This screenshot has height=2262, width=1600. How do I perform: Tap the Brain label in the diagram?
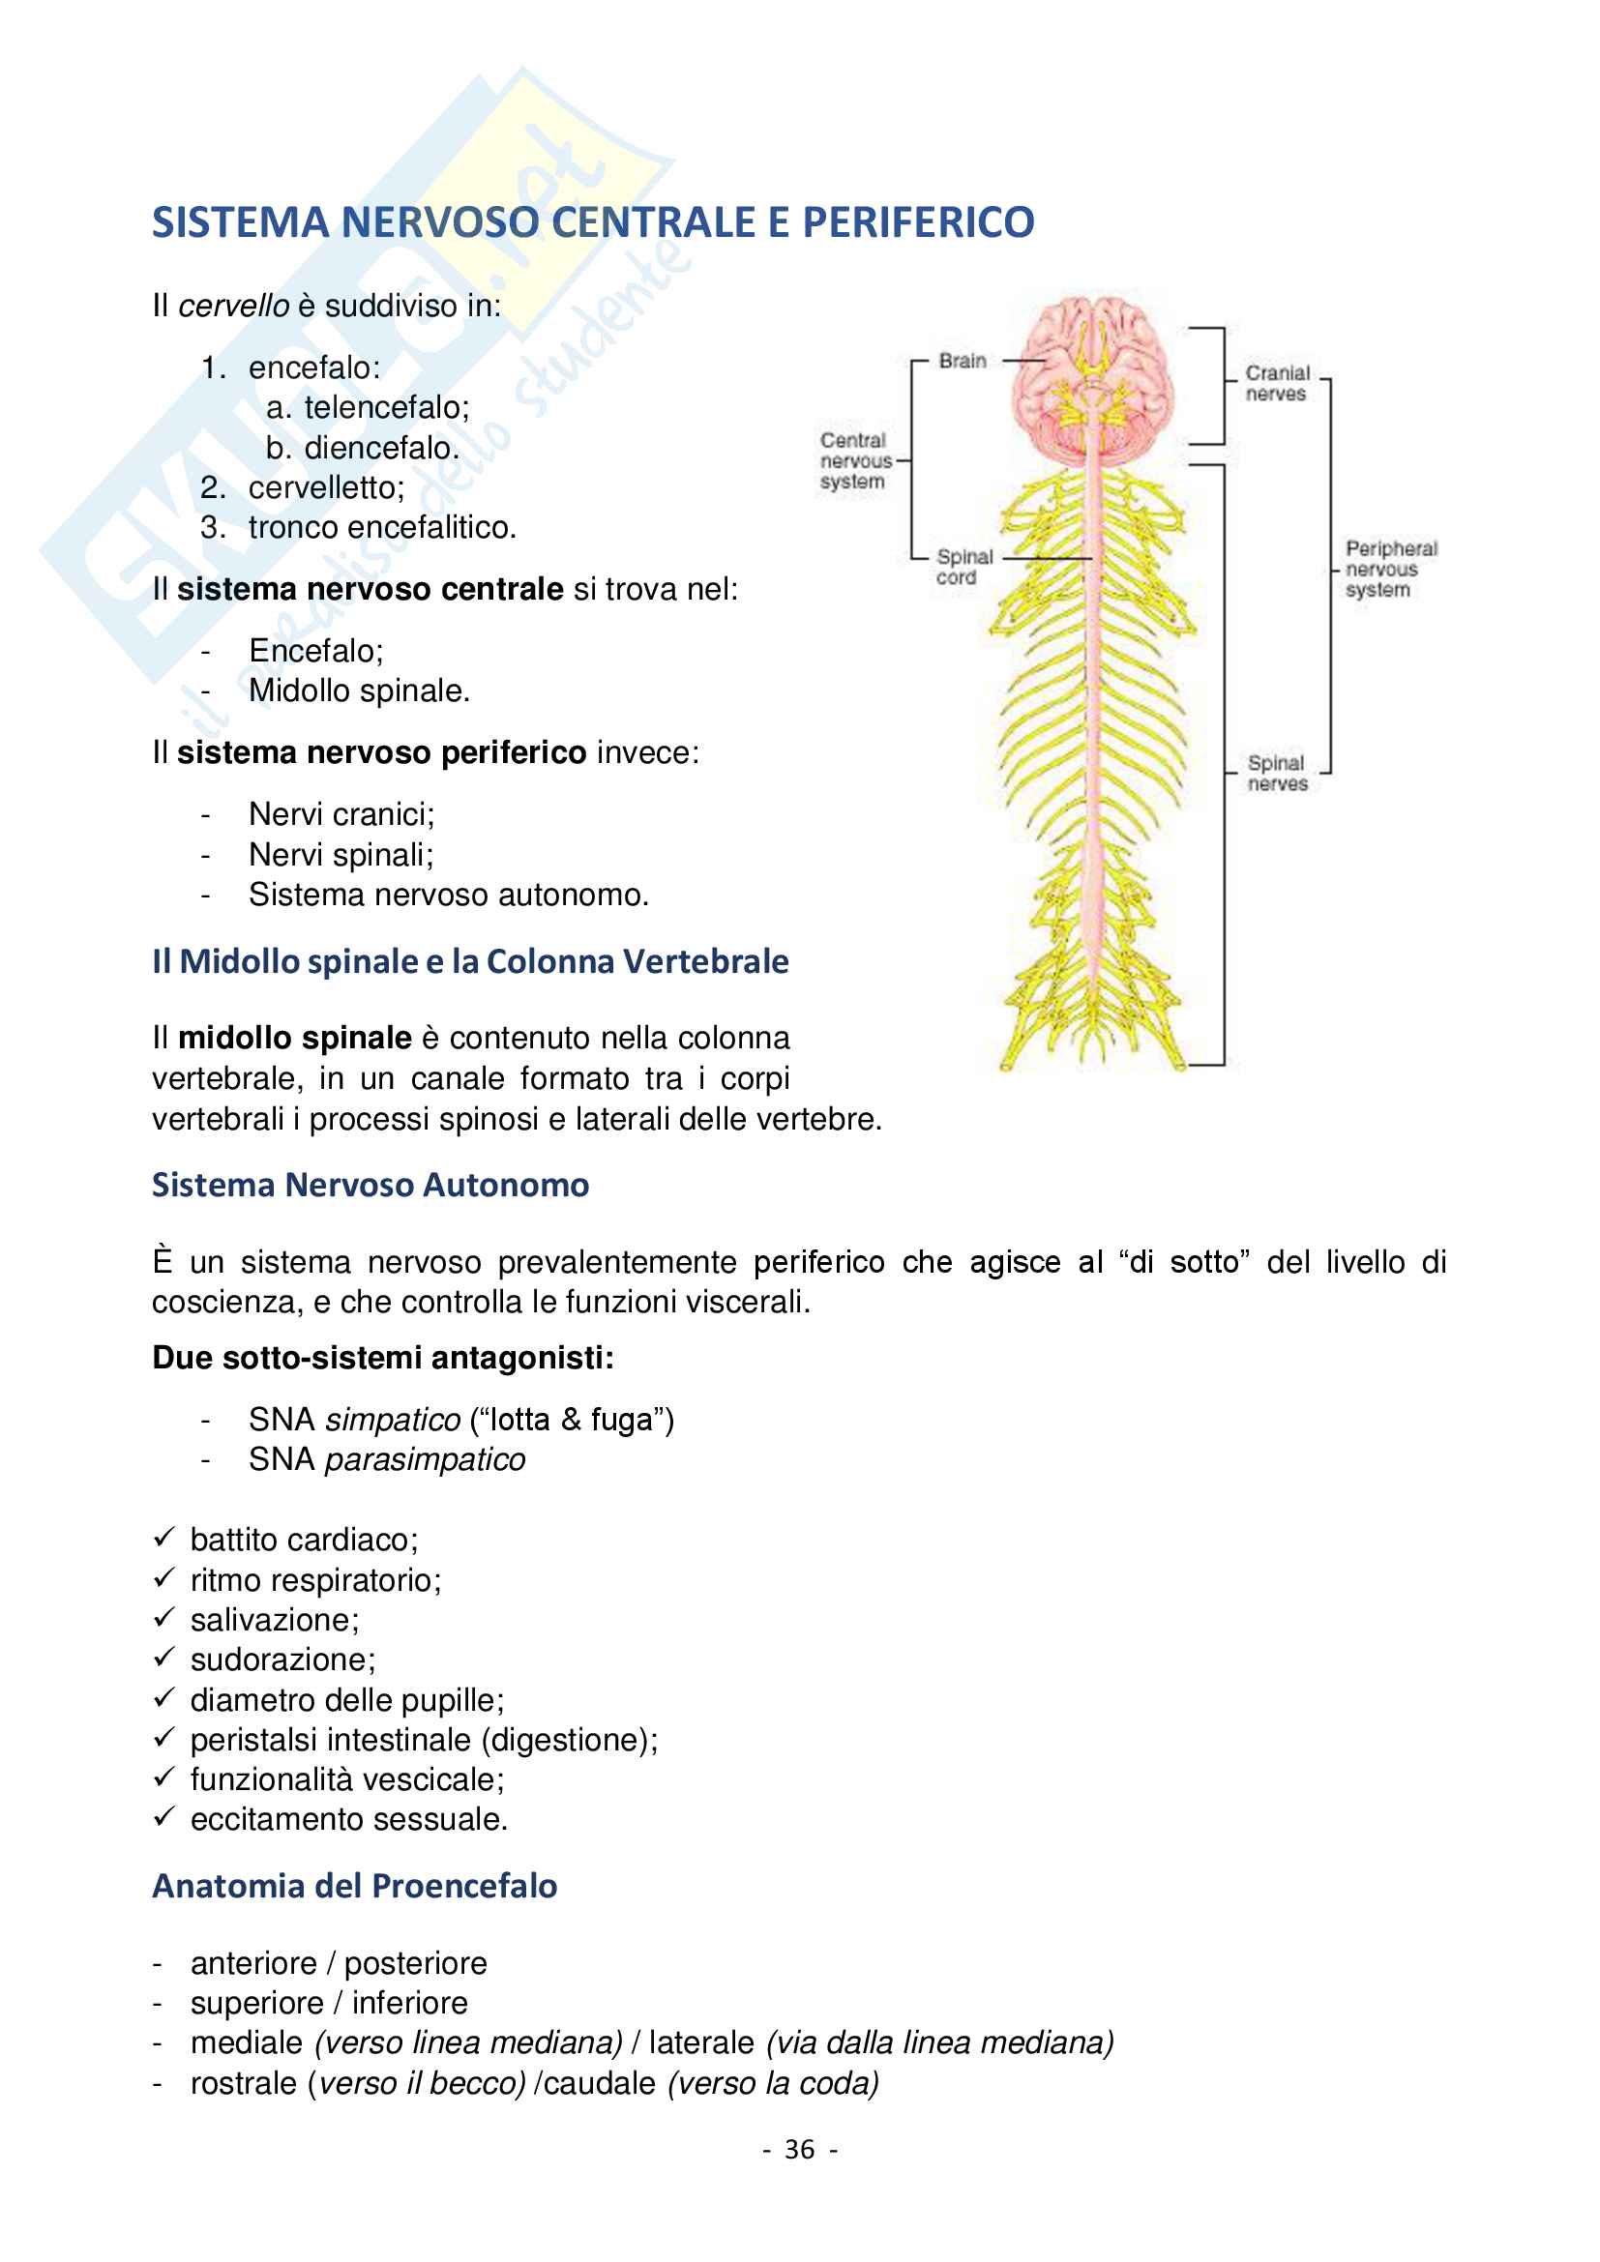pyautogui.click(x=962, y=362)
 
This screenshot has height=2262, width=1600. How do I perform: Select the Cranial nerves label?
pyautogui.click(x=1277, y=383)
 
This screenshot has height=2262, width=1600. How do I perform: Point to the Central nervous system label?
pyautogui.click(x=853, y=461)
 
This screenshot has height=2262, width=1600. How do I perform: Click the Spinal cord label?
pyautogui.click(x=963, y=568)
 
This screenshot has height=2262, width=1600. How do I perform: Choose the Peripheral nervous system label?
pyautogui.click(x=1390, y=570)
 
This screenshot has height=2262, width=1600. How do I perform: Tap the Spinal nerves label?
pyautogui.click(x=1276, y=774)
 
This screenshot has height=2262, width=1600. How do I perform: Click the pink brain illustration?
pyautogui.click(x=1092, y=379)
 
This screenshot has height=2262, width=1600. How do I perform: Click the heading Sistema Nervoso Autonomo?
pyautogui.click(x=370, y=1186)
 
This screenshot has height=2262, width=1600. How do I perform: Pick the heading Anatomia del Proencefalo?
pyautogui.click(x=355, y=1886)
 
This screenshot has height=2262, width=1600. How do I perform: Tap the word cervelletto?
pyautogui.click(x=325, y=487)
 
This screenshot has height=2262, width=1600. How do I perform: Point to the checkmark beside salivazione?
pyautogui.click(x=164, y=1618)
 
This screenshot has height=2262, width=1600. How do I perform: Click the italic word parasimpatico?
pyautogui.click(x=426, y=1460)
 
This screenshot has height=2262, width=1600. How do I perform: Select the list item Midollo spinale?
pyautogui.click(x=359, y=691)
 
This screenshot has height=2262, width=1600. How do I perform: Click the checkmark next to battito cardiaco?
pyautogui.click(x=164, y=1538)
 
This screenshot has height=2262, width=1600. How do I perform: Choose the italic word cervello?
pyautogui.click(x=234, y=307)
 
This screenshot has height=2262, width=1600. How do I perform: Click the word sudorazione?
pyautogui.click(x=281, y=1660)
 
